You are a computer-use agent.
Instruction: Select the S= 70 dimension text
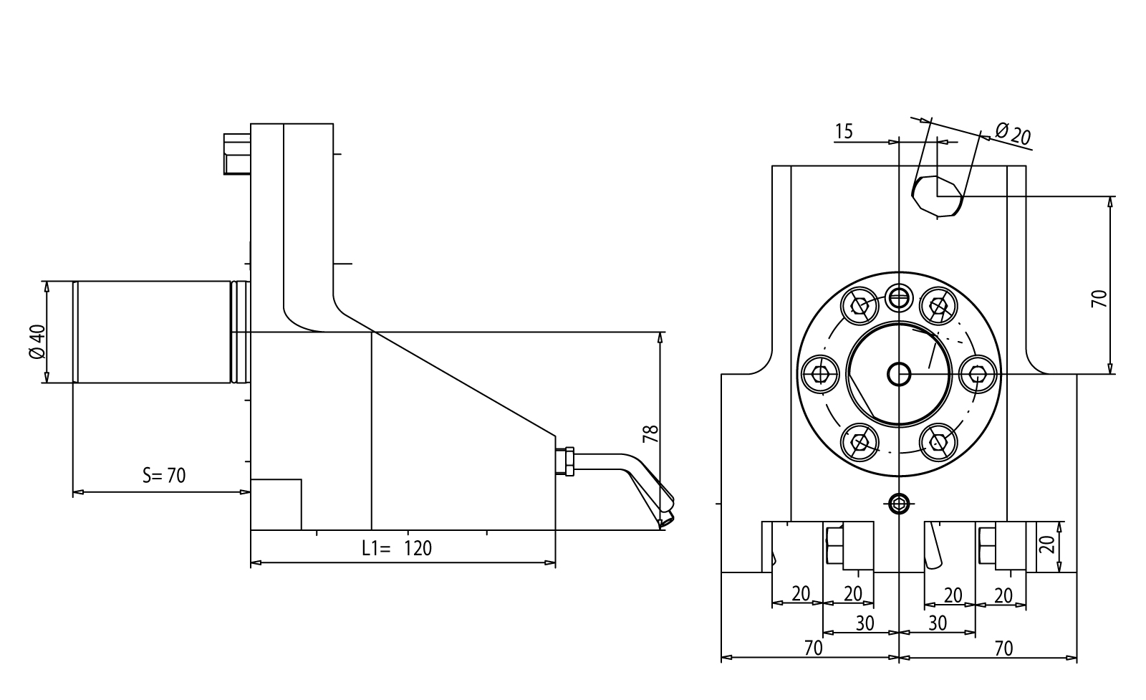point(164,475)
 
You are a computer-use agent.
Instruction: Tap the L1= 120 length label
point(397,548)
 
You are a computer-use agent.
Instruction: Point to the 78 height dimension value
point(650,433)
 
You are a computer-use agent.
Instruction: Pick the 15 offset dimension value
point(844,131)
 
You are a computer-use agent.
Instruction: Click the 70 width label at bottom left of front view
point(813,648)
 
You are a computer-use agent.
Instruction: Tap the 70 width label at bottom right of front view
point(1004,648)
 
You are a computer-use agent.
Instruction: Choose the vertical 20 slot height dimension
point(1048,545)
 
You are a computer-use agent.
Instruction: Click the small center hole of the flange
point(899,373)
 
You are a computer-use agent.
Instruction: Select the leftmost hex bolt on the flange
point(820,373)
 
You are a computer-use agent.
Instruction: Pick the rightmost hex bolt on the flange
point(978,373)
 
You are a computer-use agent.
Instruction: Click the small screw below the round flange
point(898,504)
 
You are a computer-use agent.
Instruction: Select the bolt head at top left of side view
point(236,153)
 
